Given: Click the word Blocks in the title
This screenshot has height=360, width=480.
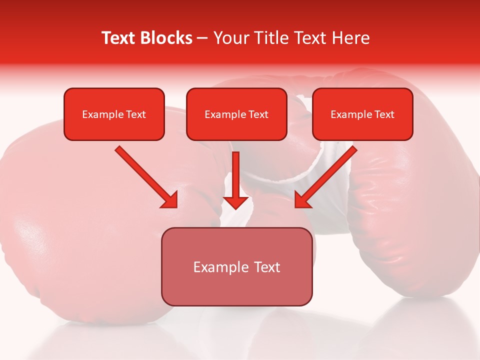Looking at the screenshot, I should click(166, 38).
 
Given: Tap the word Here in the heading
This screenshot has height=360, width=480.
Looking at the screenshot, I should click(351, 38).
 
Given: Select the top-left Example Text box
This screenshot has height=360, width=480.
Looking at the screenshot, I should click(114, 114).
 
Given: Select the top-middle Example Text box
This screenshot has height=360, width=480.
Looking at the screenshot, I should click(236, 114).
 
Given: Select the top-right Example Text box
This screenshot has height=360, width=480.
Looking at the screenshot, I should click(362, 114).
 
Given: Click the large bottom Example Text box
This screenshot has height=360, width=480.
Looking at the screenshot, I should click(236, 267).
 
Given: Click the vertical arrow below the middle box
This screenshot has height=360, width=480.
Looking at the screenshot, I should click(235, 175).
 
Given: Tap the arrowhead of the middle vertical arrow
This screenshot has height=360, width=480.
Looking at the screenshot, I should click(235, 202).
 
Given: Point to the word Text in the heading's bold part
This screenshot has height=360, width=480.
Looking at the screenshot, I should click(119, 38).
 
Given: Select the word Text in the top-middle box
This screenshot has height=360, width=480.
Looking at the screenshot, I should click(258, 114).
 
